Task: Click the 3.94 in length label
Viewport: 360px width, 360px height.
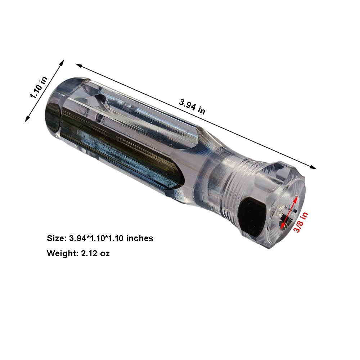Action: (192, 106)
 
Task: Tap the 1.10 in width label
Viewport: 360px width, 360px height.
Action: (39, 87)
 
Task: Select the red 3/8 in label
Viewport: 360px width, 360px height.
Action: (301, 222)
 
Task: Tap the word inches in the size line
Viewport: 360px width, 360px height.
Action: (140, 238)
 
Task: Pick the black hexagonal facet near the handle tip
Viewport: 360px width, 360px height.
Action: (253, 217)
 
